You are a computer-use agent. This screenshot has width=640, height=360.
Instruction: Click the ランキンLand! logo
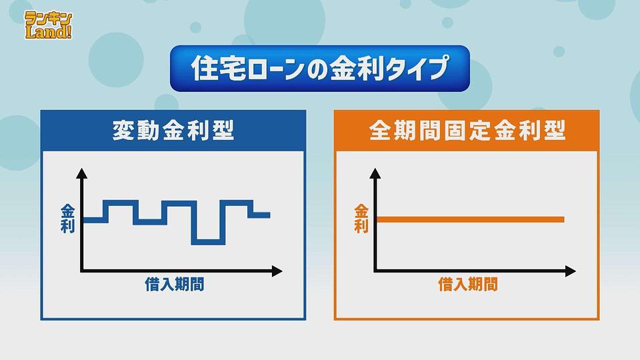coord(49,25)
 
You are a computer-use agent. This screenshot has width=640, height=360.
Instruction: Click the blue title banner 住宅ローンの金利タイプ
coord(319,68)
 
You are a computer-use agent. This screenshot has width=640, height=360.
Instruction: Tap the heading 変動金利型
coord(173,131)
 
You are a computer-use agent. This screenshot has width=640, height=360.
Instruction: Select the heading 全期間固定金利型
coord(467,131)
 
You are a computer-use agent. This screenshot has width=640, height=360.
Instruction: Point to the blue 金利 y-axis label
coord(67,219)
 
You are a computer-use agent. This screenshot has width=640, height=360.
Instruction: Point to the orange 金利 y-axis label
coord(361,219)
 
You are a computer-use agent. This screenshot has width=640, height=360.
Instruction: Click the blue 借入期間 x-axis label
coord(175,285)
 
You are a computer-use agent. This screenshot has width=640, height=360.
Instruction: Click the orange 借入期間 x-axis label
coord(468,285)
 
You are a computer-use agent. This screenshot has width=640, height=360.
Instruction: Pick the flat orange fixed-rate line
coord(470,219)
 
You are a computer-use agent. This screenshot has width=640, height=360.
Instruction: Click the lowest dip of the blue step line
coord(208,242)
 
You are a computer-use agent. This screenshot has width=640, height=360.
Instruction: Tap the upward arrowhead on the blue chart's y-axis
coord(82,173)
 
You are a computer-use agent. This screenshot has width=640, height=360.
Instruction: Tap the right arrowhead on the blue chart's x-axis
coord(277,271)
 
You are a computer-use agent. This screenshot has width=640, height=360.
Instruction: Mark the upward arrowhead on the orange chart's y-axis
coord(375,173)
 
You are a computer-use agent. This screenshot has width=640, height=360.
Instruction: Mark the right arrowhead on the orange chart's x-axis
coord(571,271)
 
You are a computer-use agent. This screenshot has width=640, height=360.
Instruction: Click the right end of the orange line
coord(564,219)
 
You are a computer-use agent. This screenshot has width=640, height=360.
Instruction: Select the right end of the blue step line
coord(269,215)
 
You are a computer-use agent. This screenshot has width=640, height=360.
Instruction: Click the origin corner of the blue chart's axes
coord(82,271)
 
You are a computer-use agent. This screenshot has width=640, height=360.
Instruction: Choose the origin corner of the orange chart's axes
coord(375,271)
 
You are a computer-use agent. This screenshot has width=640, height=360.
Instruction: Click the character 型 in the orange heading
coord(555,131)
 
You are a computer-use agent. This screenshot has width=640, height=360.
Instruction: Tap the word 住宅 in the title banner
coord(219,68)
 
